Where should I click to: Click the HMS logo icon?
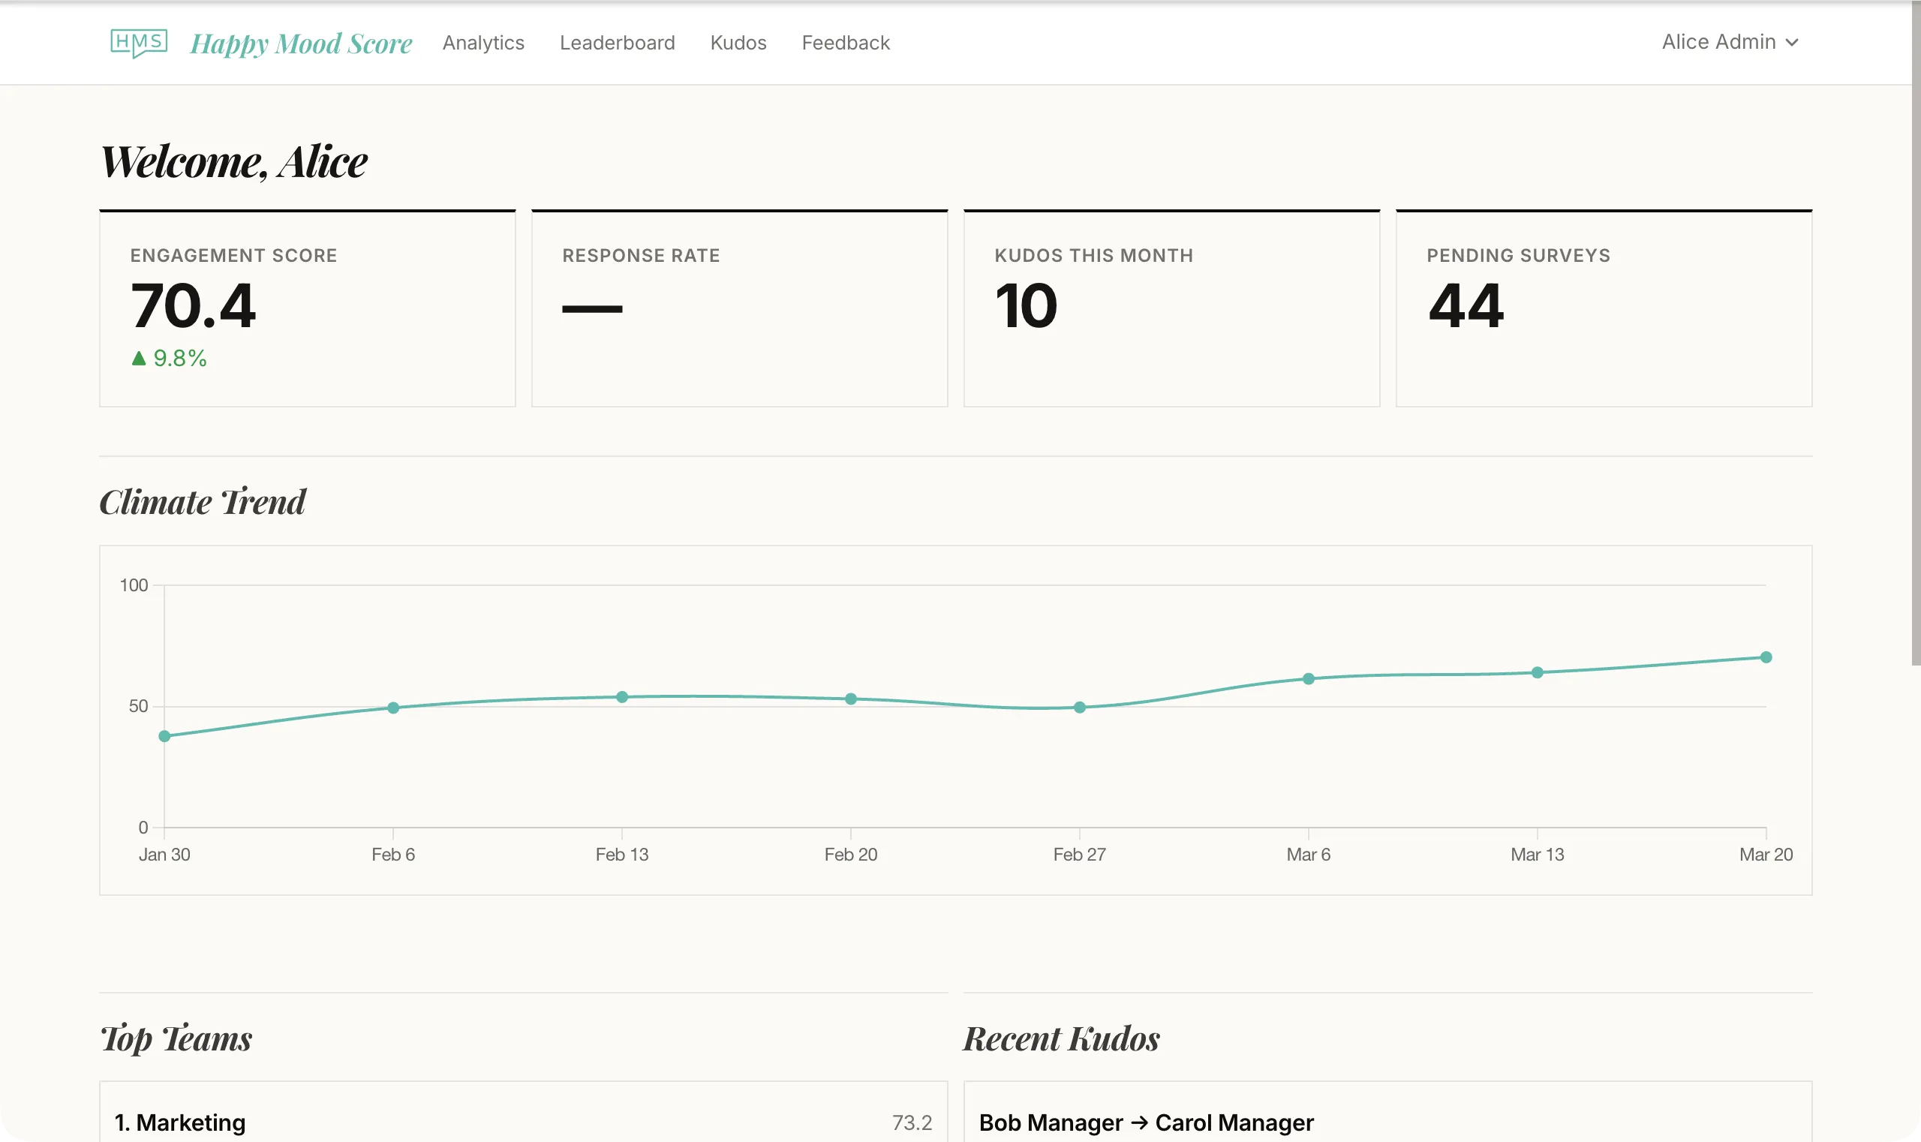[139, 42]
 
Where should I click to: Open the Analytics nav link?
[483, 43]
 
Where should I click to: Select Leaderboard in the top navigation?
[618, 43]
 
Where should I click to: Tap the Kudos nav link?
[738, 43]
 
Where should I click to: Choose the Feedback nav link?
[846, 43]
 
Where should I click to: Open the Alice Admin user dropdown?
[1730, 42]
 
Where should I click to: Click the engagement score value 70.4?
[193, 306]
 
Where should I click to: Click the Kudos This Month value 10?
[1026, 306]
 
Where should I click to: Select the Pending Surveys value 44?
[1466, 306]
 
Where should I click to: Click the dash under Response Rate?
[592, 309]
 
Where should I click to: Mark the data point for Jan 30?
[164, 737]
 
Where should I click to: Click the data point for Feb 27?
[1080, 708]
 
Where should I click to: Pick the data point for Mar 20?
[1766, 657]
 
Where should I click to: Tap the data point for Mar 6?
[1309, 679]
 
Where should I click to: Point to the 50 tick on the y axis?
[139, 707]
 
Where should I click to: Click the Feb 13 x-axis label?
[622, 854]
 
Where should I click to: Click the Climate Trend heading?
[203, 502]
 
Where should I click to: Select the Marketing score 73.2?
[912, 1122]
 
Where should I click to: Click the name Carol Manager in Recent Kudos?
[1234, 1122]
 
